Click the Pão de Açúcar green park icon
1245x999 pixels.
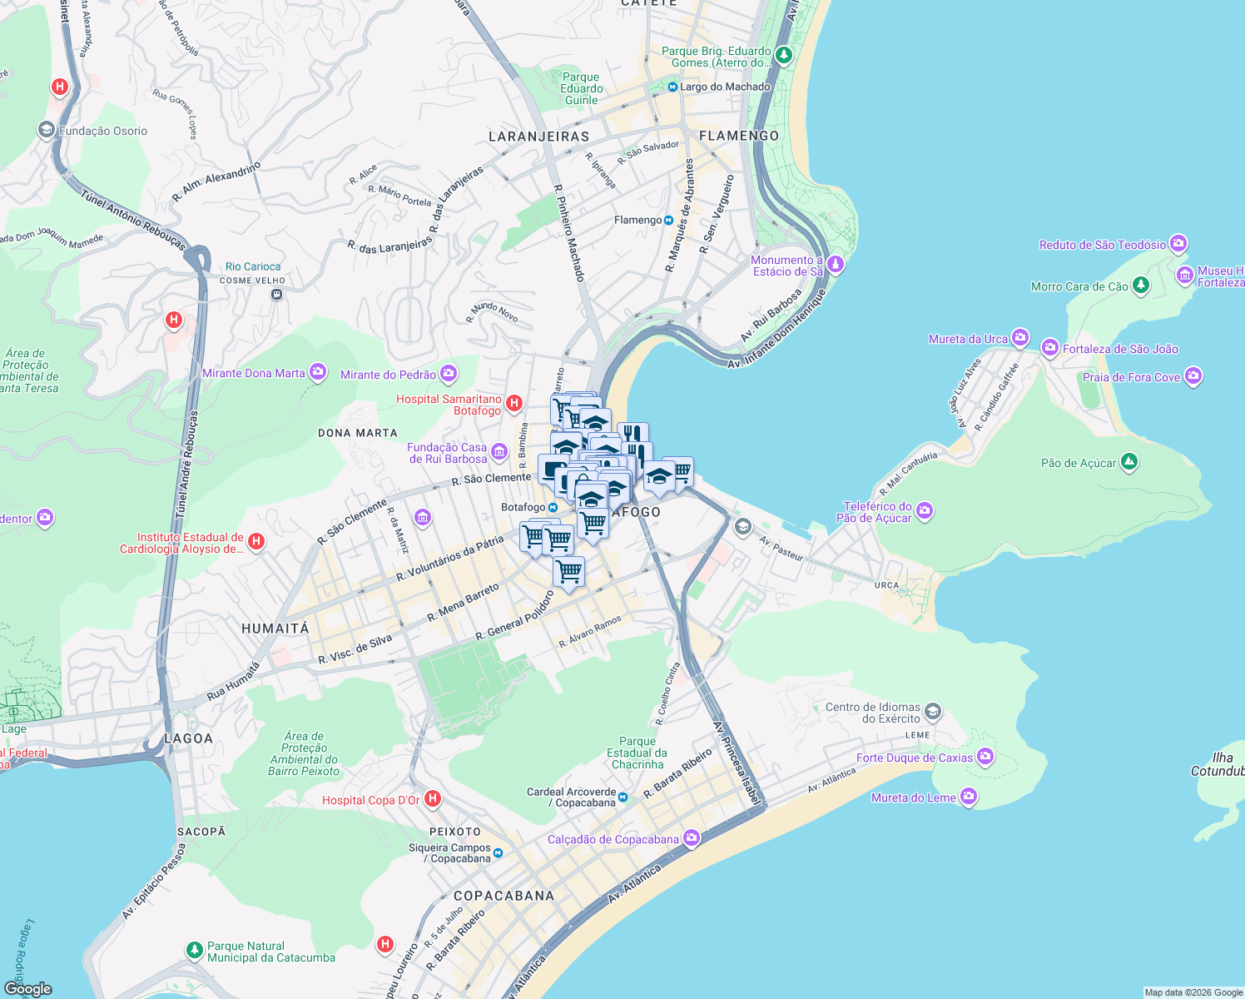pos(1128,462)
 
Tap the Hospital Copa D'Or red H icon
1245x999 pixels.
pos(432,799)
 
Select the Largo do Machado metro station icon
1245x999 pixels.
pos(672,87)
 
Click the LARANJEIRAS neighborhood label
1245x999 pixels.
pos(538,137)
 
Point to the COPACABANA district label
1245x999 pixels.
pos(503,896)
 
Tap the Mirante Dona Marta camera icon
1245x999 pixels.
pos(318,372)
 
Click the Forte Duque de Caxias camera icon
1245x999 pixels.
pos(985,757)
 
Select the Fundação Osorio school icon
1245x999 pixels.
pos(46,130)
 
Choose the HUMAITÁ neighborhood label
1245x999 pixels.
pos(275,629)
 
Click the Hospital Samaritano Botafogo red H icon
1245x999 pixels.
pos(514,404)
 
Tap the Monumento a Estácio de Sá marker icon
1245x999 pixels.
pos(836,265)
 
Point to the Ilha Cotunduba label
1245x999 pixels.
pos(1219,764)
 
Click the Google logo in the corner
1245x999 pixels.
pos(27,989)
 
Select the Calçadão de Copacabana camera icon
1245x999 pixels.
pos(692,837)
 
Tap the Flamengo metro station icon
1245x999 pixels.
pos(668,221)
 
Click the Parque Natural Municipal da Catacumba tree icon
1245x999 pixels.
pos(194,950)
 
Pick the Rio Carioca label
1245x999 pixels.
pos(253,267)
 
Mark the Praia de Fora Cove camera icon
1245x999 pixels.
pos(1193,376)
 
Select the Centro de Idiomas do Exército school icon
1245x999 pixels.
pos(933,711)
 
